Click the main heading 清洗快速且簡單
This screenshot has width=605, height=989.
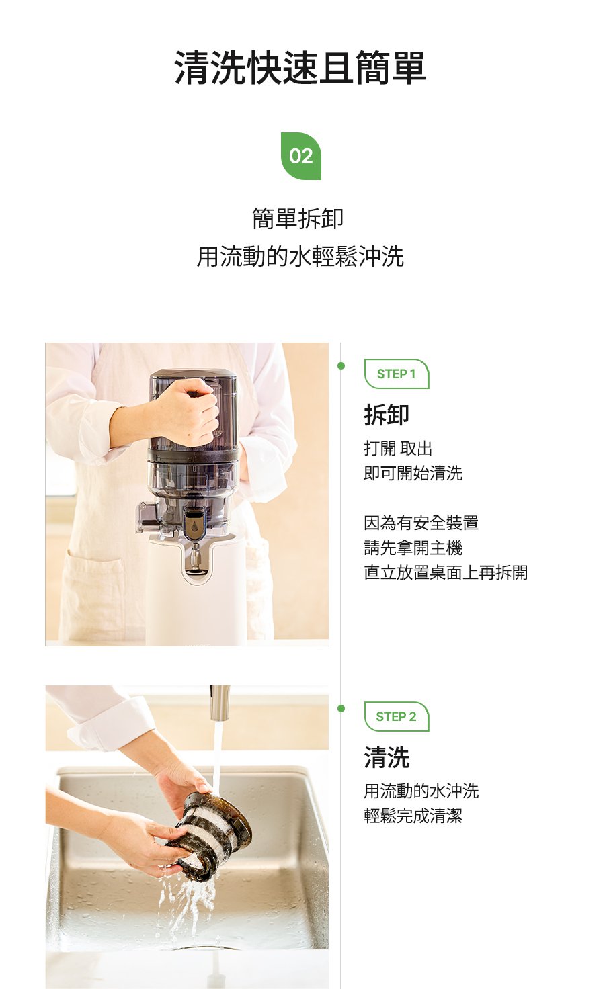[x=300, y=68]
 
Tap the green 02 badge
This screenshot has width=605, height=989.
[x=301, y=156]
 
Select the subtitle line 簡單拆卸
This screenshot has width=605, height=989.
[x=298, y=218]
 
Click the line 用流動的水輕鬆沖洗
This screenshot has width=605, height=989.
[x=300, y=257]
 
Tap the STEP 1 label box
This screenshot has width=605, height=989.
[x=396, y=374]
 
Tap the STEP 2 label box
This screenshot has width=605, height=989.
[x=396, y=716]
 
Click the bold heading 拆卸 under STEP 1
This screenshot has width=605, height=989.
[x=387, y=415]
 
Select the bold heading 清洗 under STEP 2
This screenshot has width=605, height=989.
[x=387, y=757]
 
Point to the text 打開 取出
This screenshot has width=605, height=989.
[x=398, y=448]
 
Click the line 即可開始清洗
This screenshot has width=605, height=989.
[x=413, y=473]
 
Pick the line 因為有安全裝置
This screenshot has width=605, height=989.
[x=421, y=523]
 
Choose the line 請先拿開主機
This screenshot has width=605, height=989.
[x=413, y=548]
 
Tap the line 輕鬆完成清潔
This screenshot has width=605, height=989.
[x=413, y=816]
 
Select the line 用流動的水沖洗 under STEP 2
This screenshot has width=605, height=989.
[x=421, y=791]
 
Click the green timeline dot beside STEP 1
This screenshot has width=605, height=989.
[x=341, y=366]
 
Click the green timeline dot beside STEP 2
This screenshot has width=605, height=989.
[x=341, y=709]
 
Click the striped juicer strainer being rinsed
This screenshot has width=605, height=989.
[x=209, y=837]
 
